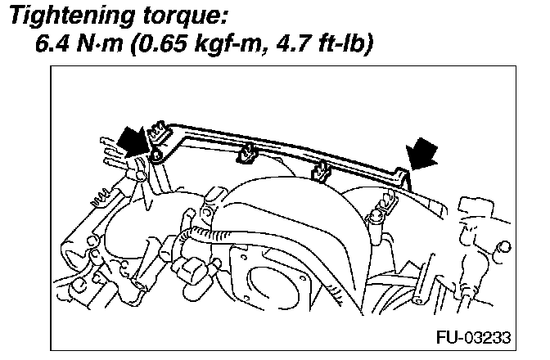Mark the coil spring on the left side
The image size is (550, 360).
(x=101, y=196)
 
